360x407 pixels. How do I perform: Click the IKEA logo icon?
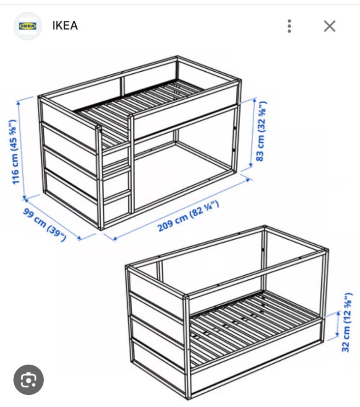[28, 26]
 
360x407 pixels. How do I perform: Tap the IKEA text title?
[65, 25]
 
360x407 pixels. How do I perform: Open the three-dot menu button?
[289, 26]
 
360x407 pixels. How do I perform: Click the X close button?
[329, 26]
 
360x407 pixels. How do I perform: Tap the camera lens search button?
[28, 380]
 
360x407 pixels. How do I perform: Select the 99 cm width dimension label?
[45, 224]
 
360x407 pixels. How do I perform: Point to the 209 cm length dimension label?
[188, 216]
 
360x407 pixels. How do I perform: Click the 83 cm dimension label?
[261, 131]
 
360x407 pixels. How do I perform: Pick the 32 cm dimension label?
[346, 323]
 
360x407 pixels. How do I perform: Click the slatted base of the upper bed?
[140, 104]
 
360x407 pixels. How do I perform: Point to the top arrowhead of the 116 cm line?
[18, 103]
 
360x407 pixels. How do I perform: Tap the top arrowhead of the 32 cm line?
[339, 313]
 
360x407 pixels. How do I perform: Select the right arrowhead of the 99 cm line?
[79, 238]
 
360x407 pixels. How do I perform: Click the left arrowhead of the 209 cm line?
[114, 239]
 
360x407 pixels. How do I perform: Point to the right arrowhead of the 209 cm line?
[249, 179]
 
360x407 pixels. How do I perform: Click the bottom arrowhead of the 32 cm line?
[338, 334]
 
